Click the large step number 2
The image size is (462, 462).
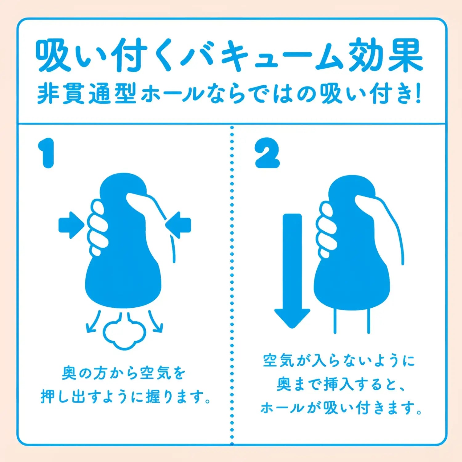point(267,153)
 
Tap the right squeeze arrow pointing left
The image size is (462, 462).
point(179,225)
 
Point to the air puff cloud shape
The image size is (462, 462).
point(124,334)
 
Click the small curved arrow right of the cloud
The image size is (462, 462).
point(156,322)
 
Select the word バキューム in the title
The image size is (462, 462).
point(262,55)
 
